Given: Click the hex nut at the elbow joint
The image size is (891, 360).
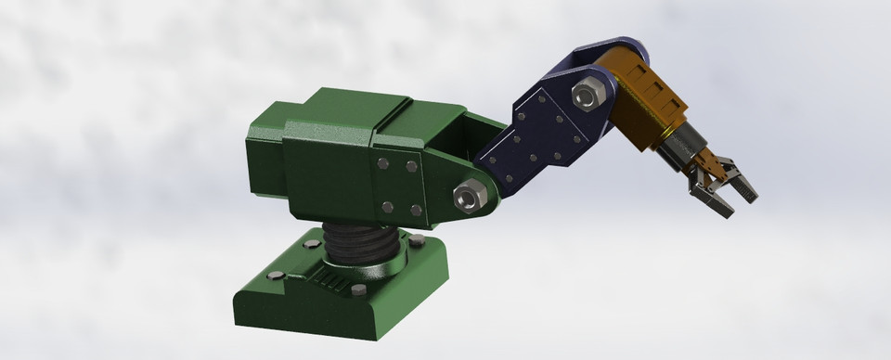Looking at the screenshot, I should [x=586, y=94].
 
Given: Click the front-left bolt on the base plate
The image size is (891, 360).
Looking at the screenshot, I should [x=276, y=276].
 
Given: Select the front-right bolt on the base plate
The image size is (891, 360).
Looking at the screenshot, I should [x=358, y=290].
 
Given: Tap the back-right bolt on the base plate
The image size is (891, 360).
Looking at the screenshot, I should [x=417, y=240].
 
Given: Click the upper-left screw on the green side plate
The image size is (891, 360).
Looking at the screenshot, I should [x=382, y=163].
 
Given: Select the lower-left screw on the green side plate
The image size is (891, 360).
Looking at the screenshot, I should [x=387, y=206].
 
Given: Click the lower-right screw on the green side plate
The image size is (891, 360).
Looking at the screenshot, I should [x=416, y=211].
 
